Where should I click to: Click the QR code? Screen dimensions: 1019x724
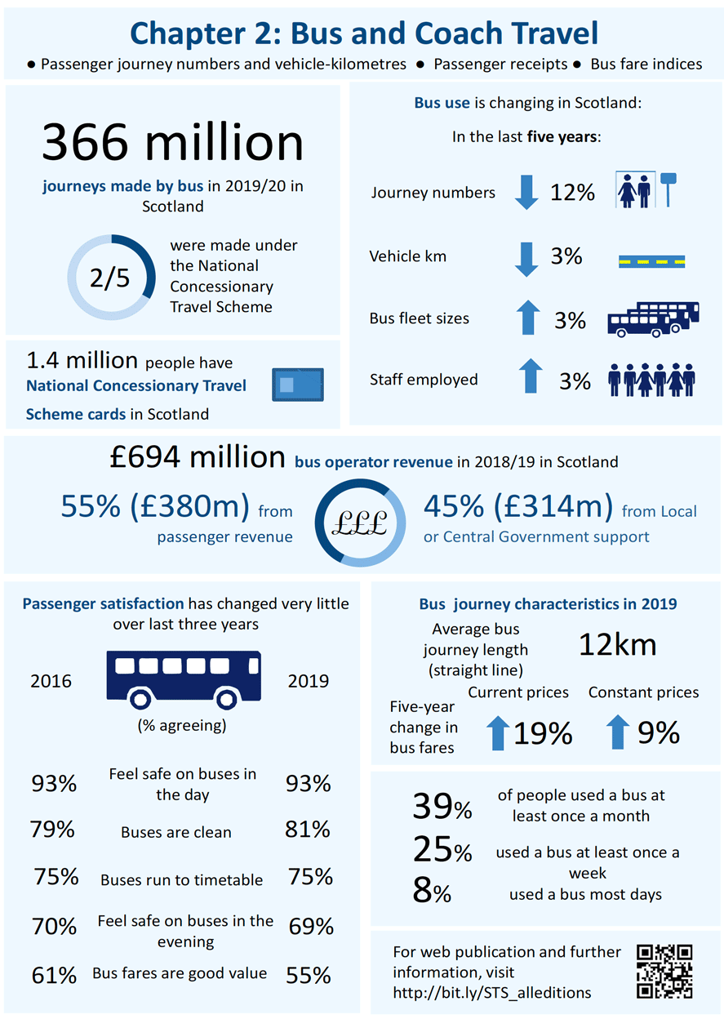tap(664, 972)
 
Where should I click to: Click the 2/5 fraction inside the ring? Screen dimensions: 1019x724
tap(110, 278)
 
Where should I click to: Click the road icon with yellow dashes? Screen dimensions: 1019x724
tap(651, 261)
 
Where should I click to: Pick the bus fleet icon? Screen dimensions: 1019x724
tap(653, 319)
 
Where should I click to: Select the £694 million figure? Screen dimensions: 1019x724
tap(198, 458)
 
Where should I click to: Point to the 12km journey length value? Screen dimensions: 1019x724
tap(618, 645)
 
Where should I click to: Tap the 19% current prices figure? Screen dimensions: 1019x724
tap(543, 733)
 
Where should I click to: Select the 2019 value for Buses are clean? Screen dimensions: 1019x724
tap(308, 830)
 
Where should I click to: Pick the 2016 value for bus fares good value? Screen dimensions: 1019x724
tap(54, 975)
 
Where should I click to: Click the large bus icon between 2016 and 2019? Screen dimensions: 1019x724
tap(183, 678)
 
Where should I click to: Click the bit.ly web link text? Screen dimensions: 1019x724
tap(492, 993)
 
